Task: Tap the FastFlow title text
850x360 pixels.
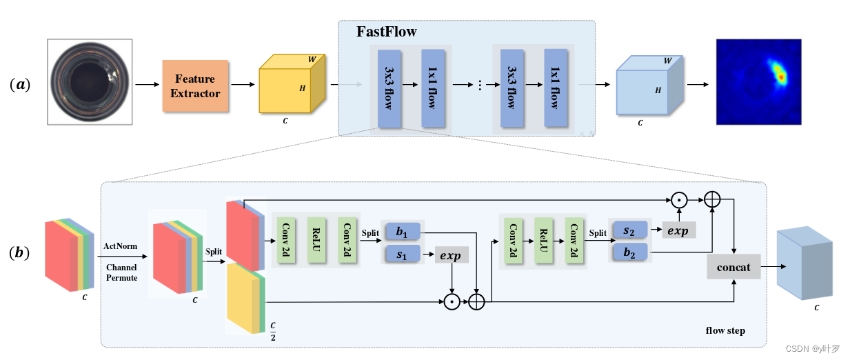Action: click(x=386, y=32)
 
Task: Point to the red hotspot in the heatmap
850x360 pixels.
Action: click(x=780, y=76)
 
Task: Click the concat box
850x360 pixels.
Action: click(x=733, y=266)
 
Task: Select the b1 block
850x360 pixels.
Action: click(x=403, y=232)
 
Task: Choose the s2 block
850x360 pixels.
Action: click(x=629, y=230)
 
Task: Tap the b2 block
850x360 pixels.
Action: click(x=629, y=252)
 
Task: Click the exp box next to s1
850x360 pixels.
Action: click(x=451, y=256)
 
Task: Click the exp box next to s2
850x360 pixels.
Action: click(x=678, y=230)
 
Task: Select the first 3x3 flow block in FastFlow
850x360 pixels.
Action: click(x=390, y=88)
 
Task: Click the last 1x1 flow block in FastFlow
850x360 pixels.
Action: click(x=556, y=88)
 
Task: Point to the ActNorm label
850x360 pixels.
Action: click(x=120, y=246)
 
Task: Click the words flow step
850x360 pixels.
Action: click(x=725, y=330)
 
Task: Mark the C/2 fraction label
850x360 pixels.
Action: click(x=273, y=329)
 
